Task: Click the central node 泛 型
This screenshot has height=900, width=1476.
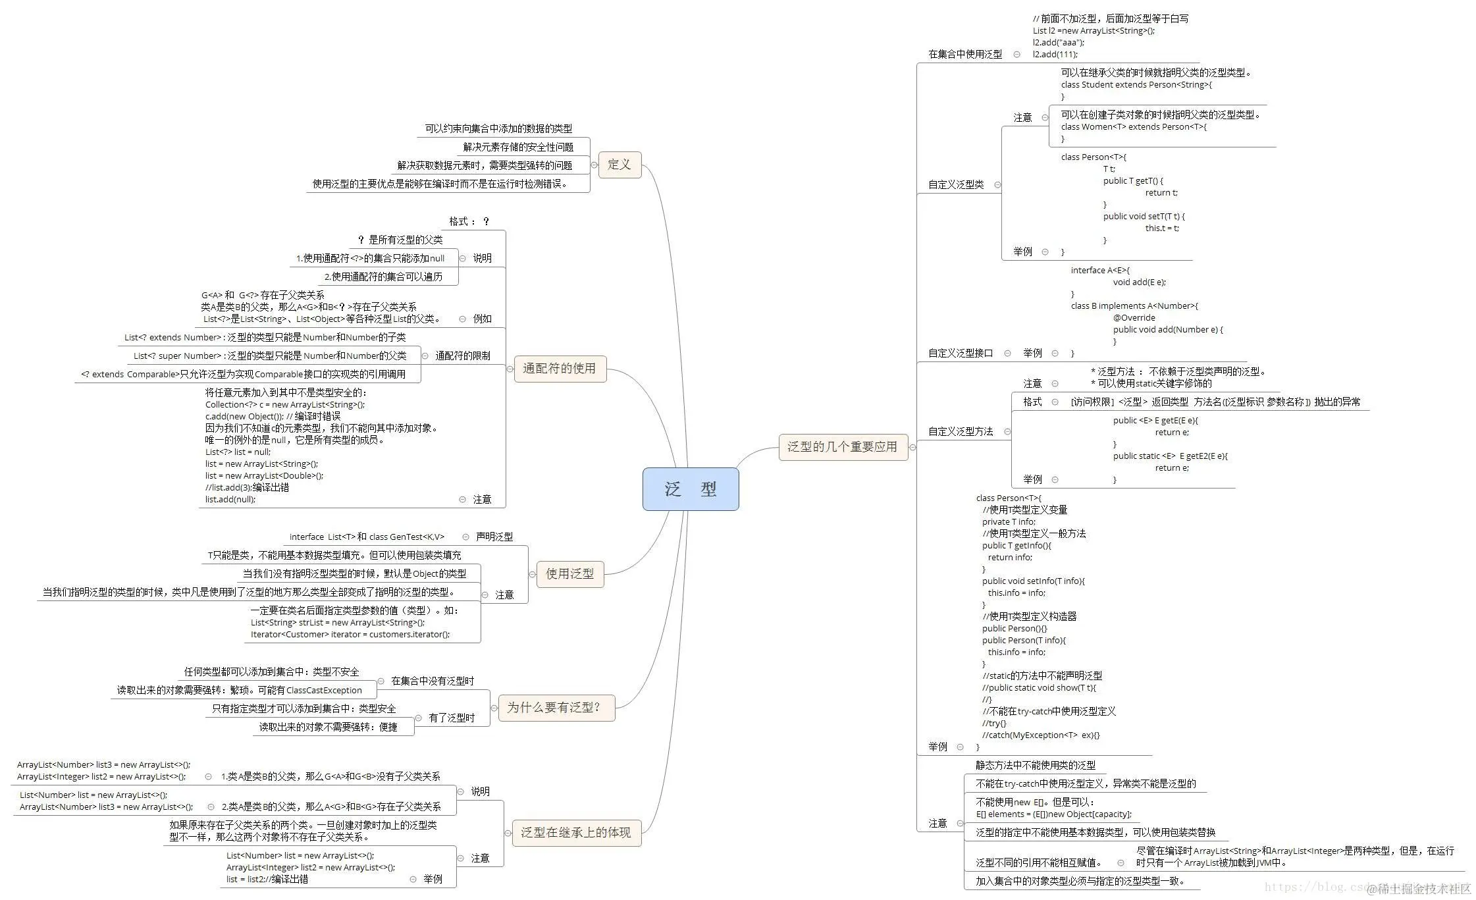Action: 690,489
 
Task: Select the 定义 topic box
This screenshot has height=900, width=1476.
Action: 619,165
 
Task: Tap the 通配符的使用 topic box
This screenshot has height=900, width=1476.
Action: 559,369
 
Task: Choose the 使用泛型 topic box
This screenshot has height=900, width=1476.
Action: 569,574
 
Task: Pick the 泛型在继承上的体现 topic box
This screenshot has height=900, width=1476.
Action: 576,833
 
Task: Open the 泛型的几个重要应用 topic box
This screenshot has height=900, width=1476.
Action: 842,447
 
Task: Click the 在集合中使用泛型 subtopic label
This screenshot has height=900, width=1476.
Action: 964,55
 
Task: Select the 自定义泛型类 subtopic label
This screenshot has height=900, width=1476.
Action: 956,185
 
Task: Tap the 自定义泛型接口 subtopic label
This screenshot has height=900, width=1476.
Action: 960,354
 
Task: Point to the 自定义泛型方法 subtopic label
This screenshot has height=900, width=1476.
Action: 960,432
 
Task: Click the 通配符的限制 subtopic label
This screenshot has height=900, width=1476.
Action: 462,356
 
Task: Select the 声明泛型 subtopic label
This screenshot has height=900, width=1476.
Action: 494,537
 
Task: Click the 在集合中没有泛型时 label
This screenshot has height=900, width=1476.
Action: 432,681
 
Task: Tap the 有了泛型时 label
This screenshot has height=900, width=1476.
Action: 451,718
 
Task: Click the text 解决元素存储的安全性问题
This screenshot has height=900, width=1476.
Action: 517,147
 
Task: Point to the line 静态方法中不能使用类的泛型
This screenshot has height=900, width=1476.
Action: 1035,766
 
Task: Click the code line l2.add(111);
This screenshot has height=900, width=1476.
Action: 1055,55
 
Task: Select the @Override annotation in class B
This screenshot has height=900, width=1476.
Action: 1134,318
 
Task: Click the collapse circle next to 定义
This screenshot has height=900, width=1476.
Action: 594,165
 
